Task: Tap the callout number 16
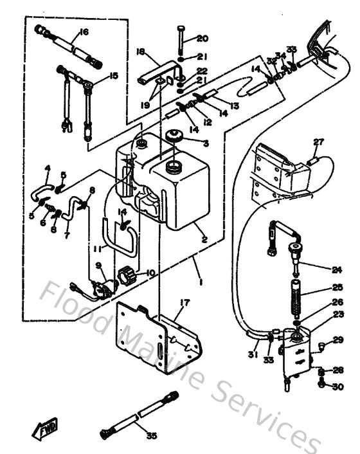click(83, 32)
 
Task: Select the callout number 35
click(151, 435)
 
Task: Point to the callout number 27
click(319, 142)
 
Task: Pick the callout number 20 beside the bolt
click(203, 38)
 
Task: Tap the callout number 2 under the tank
click(204, 241)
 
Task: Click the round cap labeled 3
click(173, 137)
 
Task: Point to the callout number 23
click(338, 314)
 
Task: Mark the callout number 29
click(338, 340)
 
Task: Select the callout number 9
click(98, 265)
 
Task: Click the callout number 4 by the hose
click(47, 168)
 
